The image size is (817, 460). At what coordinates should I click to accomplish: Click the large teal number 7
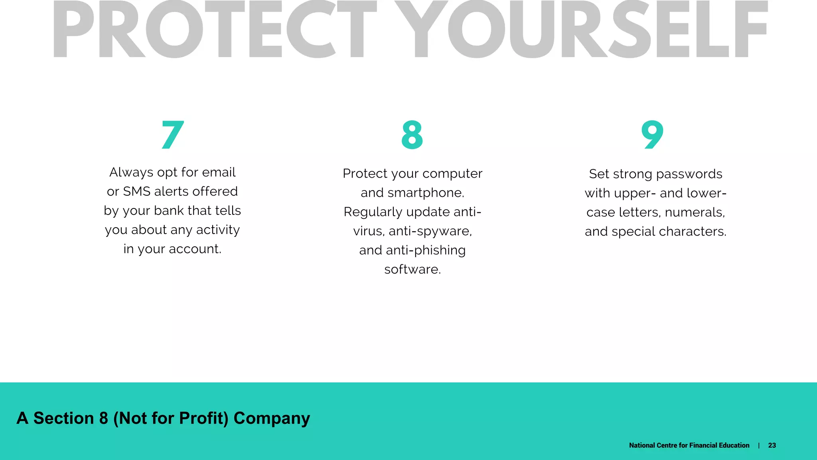click(173, 135)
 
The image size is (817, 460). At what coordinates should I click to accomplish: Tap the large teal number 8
click(412, 135)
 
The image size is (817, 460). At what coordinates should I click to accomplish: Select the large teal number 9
click(652, 135)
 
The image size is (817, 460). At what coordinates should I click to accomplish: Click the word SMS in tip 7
click(136, 192)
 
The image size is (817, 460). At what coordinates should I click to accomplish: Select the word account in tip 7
click(195, 249)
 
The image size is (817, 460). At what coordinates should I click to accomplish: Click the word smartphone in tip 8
click(425, 193)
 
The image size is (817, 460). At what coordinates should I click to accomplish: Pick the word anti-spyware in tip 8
click(430, 231)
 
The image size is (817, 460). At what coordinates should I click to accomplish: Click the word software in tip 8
click(412, 270)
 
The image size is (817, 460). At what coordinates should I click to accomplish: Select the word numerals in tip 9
click(695, 212)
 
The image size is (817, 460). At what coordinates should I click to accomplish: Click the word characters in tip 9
click(692, 232)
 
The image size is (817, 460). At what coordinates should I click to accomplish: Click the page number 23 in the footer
click(772, 445)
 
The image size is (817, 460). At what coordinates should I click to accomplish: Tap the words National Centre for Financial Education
click(689, 445)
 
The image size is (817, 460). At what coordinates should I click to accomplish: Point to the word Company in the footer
click(272, 418)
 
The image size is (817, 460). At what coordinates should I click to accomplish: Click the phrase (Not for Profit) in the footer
click(171, 418)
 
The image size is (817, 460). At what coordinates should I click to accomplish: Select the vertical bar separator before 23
click(759, 445)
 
